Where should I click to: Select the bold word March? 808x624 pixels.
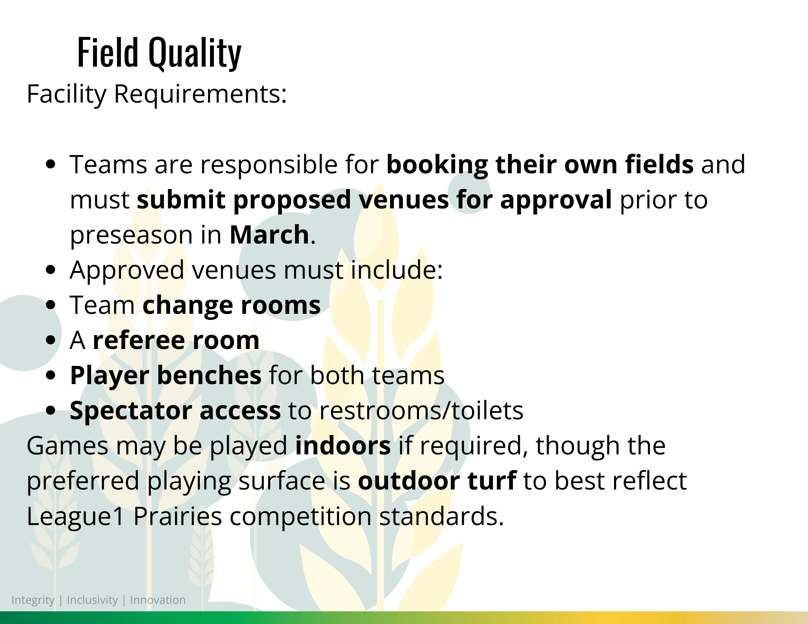tap(269, 235)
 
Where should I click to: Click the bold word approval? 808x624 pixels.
tap(556, 200)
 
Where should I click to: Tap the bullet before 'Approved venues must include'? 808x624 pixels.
tap(50, 270)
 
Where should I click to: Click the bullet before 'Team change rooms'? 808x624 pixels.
tap(50, 305)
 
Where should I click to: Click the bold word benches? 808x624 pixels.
tap(209, 375)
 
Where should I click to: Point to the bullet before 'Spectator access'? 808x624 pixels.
tap(50, 411)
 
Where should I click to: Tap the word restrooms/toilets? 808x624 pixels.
tap(421, 411)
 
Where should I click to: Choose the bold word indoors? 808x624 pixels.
tap(343, 446)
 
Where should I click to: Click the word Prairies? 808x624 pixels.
tap(177, 516)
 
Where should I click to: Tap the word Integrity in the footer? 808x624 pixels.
tap(33, 601)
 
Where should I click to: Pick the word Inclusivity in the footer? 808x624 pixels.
tap(92, 601)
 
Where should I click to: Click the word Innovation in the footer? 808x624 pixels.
tap(158, 600)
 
